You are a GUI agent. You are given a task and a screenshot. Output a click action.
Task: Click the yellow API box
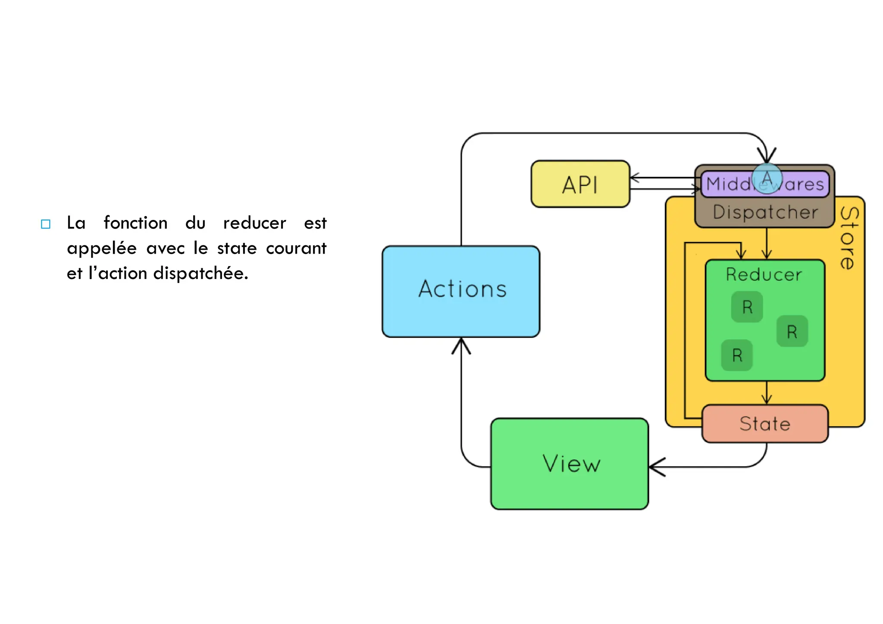click(x=580, y=185)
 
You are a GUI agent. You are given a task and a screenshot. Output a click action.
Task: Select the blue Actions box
click(x=461, y=292)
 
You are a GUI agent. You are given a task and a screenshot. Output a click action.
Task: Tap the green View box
click(x=570, y=464)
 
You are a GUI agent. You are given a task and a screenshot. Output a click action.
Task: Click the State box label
click(x=765, y=424)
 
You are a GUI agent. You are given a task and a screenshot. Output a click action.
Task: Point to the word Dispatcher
click(x=765, y=212)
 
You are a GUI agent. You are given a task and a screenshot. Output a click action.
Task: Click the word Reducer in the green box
click(x=764, y=275)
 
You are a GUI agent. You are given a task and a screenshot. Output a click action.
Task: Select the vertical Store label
click(x=849, y=238)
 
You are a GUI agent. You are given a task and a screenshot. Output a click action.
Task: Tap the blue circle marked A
click(x=767, y=178)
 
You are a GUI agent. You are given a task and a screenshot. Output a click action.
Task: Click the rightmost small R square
click(x=792, y=332)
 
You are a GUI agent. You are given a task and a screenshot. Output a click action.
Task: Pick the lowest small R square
click(x=737, y=355)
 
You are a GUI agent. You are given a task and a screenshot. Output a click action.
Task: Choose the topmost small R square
click(x=747, y=307)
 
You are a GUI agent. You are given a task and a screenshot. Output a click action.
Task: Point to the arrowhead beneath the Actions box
click(x=461, y=345)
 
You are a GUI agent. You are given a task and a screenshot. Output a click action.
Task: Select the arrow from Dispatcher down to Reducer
click(x=767, y=244)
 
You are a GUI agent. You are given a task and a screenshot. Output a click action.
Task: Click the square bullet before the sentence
click(x=46, y=224)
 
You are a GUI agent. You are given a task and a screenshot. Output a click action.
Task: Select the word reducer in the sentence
click(x=254, y=223)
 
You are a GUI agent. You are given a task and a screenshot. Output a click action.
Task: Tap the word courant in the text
click(x=296, y=248)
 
